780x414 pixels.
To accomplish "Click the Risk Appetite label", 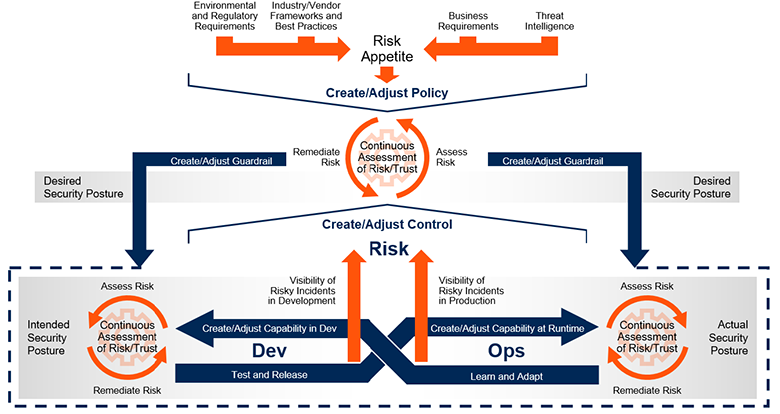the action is tap(387, 48).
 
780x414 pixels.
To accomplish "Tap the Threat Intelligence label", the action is tap(549, 21).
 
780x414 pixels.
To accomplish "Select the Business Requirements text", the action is tap(468, 21).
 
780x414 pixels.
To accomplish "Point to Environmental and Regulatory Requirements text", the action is tap(225, 16).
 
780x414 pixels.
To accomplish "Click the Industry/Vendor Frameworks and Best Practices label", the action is tap(306, 16).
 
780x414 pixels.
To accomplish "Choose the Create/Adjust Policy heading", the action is tap(387, 93).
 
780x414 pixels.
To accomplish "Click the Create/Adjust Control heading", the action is tap(387, 224).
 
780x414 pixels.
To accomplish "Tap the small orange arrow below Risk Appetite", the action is tap(387, 75).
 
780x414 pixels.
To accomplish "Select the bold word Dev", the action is tap(269, 351).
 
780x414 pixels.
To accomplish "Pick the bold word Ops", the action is tap(506, 351).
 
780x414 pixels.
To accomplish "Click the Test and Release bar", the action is tap(279, 373).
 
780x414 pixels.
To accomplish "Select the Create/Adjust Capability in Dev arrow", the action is tap(269, 328).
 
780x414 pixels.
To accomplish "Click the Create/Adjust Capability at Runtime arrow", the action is tap(502, 328).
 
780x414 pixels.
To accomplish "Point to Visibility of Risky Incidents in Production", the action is tap(471, 291).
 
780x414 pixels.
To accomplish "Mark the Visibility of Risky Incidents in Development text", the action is tap(303, 291).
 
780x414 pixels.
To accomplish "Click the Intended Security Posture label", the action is tap(47, 338).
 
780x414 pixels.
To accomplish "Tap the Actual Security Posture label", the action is tap(729, 338).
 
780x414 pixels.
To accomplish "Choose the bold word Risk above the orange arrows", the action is tap(389, 249).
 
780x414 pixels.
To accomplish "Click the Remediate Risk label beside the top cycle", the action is tap(316, 157).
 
